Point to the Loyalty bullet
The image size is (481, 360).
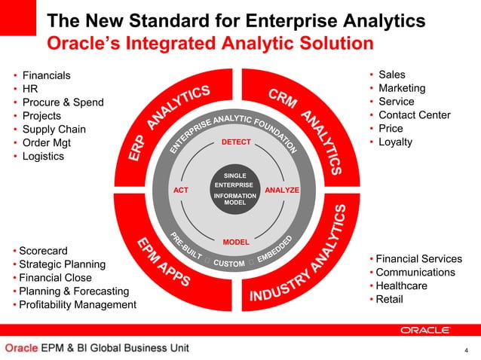[x=395, y=142]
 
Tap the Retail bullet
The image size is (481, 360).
[x=391, y=300]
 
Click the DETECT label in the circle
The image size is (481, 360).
[x=236, y=142]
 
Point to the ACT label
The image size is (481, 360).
[x=181, y=191]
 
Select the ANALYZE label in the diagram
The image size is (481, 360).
[x=283, y=191]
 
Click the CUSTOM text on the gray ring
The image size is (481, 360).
[x=228, y=264]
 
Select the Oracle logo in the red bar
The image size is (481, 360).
[x=425, y=330]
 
